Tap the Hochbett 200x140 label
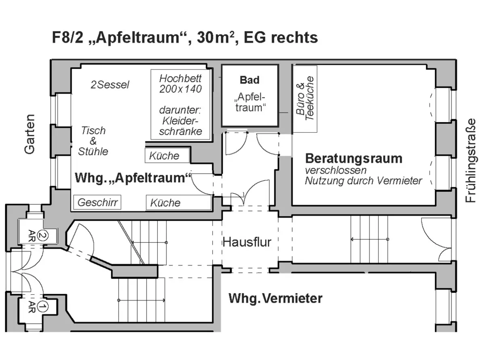pos(180,83)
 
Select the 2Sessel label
pos(110,85)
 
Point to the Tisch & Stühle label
pos(94,141)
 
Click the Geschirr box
pos(97,202)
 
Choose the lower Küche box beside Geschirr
pos(178,203)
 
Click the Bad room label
pos(249,80)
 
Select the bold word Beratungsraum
pos(354,158)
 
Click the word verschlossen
pos(335,170)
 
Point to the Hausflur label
pos(247,242)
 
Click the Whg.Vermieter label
pos(276,298)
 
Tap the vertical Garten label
pos(30,134)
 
